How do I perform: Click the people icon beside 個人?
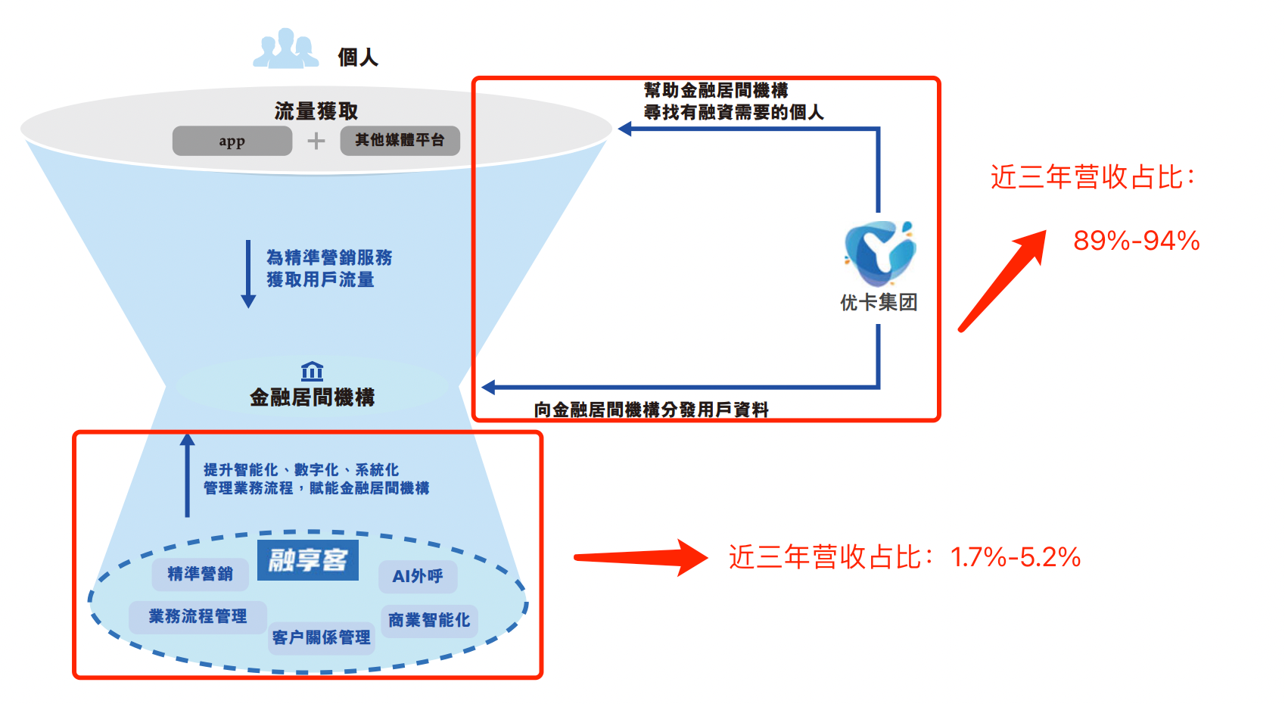click(x=285, y=49)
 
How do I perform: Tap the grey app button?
click(x=232, y=141)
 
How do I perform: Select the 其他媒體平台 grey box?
click(x=400, y=141)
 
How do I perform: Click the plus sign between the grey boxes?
click(x=316, y=141)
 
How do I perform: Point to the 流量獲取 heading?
click(x=316, y=111)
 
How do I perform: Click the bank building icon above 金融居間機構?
click(x=312, y=371)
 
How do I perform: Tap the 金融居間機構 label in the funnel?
click(x=312, y=397)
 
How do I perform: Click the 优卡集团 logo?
click(x=879, y=254)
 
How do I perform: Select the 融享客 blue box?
click(x=308, y=560)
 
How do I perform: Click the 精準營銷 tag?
click(x=200, y=574)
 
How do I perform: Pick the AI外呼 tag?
click(x=418, y=576)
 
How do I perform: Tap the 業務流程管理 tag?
click(x=198, y=616)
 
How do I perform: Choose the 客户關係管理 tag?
click(x=322, y=637)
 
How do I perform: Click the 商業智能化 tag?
click(x=429, y=620)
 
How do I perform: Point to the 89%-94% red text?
click(x=1136, y=241)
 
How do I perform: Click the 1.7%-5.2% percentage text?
click(x=1015, y=557)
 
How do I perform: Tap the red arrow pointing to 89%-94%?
click(x=1003, y=280)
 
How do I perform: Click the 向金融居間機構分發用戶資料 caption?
click(x=651, y=410)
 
